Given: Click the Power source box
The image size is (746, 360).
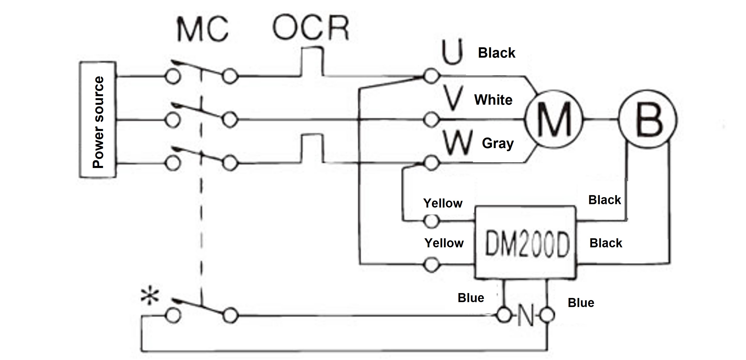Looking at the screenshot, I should [x=98, y=119].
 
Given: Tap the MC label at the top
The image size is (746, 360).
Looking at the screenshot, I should [x=203, y=29].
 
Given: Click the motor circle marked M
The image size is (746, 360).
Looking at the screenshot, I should [x=553, y=119].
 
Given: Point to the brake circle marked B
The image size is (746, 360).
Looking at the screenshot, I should [x=648, y=119].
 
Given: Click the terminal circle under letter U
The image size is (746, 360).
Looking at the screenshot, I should [x=431, y=76].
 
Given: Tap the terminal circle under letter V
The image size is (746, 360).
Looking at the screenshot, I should [x=431, y=119].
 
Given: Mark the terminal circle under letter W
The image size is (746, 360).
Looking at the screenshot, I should [x=431, y=163].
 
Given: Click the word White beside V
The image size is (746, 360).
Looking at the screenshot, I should [x=493, y=100].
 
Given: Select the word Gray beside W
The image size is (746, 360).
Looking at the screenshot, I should [x=498, y=143].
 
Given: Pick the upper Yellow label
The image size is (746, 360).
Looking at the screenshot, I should [x=443, y=203].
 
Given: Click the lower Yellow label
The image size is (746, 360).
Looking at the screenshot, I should [x=444, y=243].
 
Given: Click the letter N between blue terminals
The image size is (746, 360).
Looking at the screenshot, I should [x=526, y=316].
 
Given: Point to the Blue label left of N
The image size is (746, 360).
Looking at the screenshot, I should [x=471, y=298].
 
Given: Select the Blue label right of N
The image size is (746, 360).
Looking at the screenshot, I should [x=581, y=303].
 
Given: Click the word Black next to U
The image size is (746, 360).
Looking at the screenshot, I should [x=497, y=53].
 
